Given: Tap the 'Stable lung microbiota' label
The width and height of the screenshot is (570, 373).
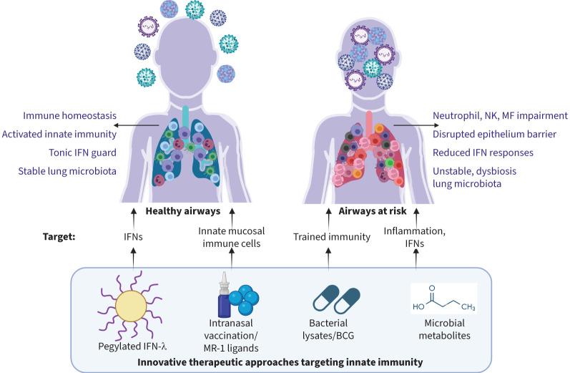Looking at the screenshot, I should (x=71, y=171).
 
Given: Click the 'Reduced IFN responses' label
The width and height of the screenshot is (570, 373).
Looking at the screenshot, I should (x=481, y=153).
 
